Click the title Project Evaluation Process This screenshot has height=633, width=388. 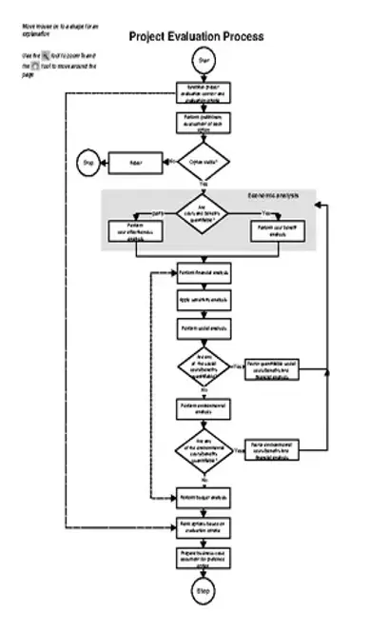click(196, 36)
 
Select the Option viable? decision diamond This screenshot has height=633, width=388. click(204, 162)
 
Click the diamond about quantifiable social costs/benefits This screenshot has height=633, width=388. click(204, 367)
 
